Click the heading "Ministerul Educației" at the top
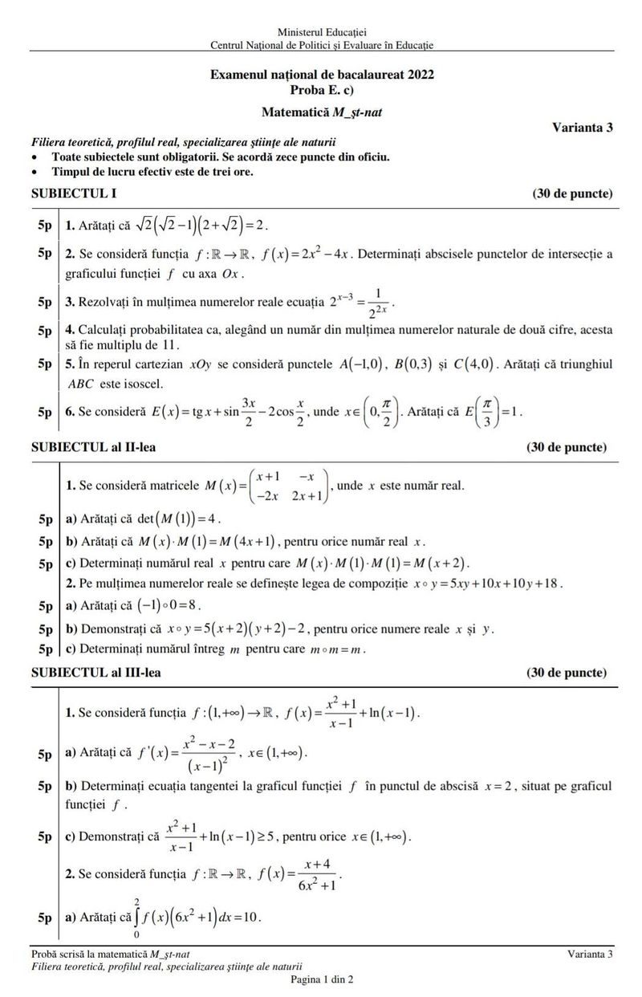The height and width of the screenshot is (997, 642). click(321, 31)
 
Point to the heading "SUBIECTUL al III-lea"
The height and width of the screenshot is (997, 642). click(95, 672)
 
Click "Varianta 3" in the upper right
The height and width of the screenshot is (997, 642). click(583, 127)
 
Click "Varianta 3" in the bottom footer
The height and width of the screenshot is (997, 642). click(589, 954)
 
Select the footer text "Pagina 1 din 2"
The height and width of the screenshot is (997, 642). click(321, 979)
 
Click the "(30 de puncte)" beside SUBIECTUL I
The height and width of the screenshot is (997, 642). click(572, 194)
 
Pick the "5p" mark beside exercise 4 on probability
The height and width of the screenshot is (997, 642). click(44, 330)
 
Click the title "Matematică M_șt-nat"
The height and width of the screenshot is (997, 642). click(321, 112)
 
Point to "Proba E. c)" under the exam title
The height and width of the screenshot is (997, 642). click(321, 89)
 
